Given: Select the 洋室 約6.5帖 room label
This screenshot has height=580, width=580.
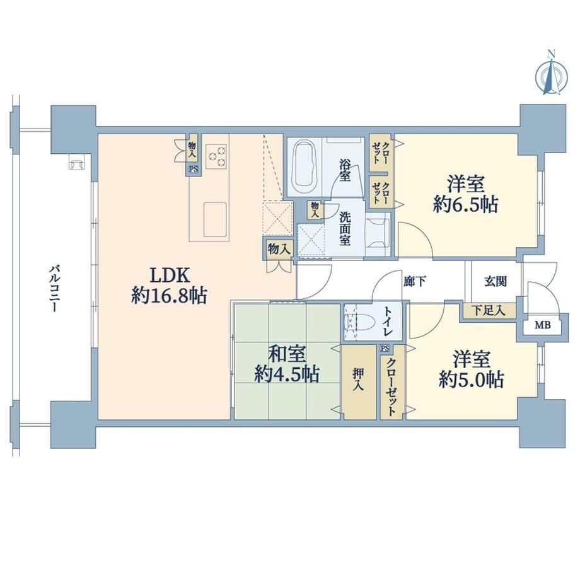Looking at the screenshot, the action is coord(465,194).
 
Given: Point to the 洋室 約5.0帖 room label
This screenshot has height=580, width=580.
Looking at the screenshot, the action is coord(471,369).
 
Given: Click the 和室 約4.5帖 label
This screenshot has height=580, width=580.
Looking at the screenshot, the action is coord(287,364).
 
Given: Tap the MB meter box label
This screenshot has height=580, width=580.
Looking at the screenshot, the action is coord(543,325).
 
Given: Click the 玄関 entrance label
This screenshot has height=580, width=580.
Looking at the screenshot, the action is coord(496,282).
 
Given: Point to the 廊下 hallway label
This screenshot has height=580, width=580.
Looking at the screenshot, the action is coord(414,282).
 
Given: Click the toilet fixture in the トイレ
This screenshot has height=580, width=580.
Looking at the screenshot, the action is coord(355,321).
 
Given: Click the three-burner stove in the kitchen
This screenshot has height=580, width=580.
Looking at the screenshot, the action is coord(217,156).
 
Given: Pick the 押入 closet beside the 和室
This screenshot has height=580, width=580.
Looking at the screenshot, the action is coord(358,382).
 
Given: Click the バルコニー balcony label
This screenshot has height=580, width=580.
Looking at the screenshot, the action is coord(54,288).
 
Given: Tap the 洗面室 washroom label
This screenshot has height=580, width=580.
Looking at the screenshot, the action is coord(345,229).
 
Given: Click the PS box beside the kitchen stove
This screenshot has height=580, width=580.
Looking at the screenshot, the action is coord(193,170).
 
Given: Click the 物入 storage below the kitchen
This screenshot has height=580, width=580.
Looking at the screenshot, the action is coord(279,249).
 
